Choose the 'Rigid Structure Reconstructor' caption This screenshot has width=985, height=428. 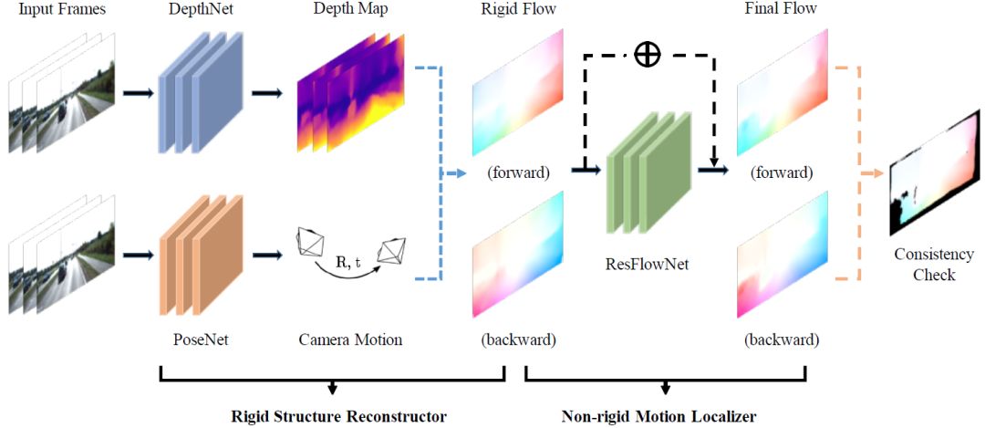(338, 416)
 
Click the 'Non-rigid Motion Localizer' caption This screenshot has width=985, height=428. (658, 416)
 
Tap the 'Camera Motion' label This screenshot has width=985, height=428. (350, 339)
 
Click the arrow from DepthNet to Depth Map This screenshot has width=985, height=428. (266, 92)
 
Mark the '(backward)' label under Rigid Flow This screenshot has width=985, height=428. (518, 339)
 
